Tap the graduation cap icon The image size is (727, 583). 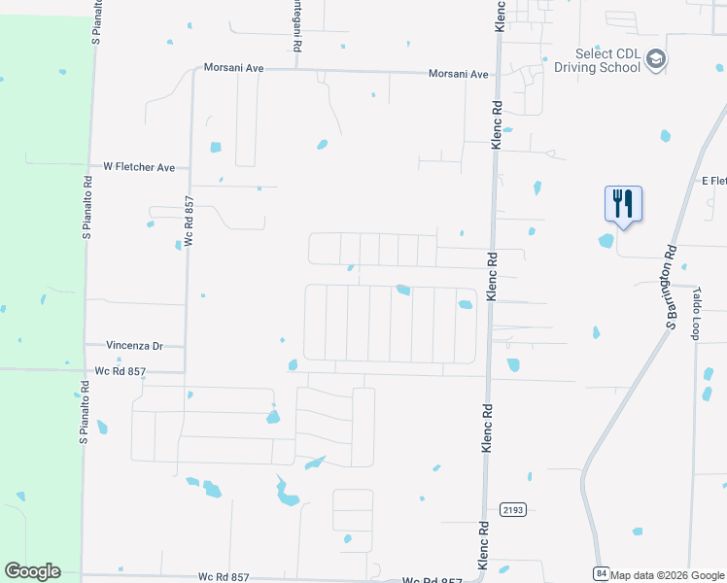(x=656, y=60)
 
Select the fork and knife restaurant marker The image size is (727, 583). (x=623, y=204)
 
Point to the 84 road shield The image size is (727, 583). (x=602, y=574)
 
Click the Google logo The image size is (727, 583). (x=32, y=571)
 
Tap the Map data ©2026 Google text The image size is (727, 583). (x=668, y=575)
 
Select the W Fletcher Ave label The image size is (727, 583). (x=139, y=167)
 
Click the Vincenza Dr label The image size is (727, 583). (x=133, y=345)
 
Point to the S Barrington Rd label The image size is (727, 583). (x=670, y=288)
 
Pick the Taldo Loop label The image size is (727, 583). (x=697, y=312)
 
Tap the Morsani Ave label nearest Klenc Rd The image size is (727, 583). (x=460, y=74)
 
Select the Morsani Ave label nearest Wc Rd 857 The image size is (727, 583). (x=233, y=68)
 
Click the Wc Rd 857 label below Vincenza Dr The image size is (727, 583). (x=121, y=371)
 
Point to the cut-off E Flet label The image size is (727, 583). (x=713, y=181)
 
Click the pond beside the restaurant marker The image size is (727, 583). (x=606, y=240)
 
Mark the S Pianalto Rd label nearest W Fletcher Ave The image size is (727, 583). (x=87, y=206)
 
